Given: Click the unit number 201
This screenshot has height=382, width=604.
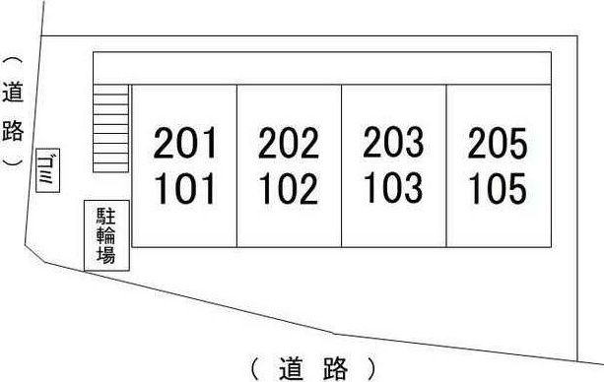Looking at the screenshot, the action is click(x=185, y=143).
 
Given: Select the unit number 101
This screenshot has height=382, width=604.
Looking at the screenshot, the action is click(x=185, y=188).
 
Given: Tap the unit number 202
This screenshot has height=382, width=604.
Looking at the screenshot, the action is click(x=289, y=143).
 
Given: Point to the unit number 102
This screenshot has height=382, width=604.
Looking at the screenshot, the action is click(x=289, y=188).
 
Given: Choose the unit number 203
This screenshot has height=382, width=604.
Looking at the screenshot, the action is click(x=393, y=142).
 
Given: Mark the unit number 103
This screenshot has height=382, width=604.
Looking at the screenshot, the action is click(x=393, y=187).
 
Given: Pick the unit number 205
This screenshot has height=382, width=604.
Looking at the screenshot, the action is click(x=498, y=143).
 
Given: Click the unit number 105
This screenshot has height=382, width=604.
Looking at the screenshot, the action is click(x=498, y=188).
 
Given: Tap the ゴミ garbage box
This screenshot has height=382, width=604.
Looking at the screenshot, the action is click(x=47, y=170).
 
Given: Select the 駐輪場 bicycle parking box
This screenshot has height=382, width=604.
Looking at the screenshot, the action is click(x=106, y=235).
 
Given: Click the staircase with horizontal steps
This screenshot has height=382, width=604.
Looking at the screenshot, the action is click(x=110, y=128).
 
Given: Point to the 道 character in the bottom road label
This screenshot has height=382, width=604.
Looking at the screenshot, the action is click(x=292, y=369).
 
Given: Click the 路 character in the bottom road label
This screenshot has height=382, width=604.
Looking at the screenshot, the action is click(x=336, y=369).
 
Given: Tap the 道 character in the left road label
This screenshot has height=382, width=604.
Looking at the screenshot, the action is click(x=13, y=92).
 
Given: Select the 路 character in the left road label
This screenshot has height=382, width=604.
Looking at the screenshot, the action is click(x=13, y=130).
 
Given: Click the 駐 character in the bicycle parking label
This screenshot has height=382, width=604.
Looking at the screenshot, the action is click(x=106, y=216).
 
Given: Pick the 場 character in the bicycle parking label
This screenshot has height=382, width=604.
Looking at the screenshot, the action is click(x=106, y=254).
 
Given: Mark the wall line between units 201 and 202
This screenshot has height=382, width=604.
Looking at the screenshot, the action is click(x=236, y=165).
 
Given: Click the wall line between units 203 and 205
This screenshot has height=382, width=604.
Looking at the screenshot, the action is click(x=446, y=165).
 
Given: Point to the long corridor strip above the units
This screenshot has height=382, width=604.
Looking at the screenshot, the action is click(x=322, y=68).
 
